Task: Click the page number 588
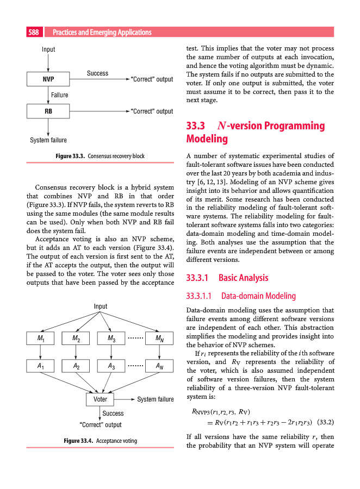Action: tap(33, 33)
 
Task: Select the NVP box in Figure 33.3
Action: tap(48, 79)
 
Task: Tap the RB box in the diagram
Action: tap(48, 111)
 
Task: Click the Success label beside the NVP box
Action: tap(97, 73)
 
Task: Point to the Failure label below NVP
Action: tap(59, 95)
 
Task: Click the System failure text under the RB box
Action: tap(48, 140)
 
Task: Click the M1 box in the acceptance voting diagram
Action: tap(41, 338)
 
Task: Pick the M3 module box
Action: tap(110, 338)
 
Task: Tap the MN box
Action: tap(160, 338)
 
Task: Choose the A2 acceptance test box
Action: tap(76, 367)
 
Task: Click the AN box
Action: tap(160, 367)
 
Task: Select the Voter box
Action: tap(100, 399)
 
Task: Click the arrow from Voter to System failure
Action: tap(125, 399)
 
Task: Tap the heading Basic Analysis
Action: tap(243, 278)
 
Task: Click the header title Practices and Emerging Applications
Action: tap(102, 33)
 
